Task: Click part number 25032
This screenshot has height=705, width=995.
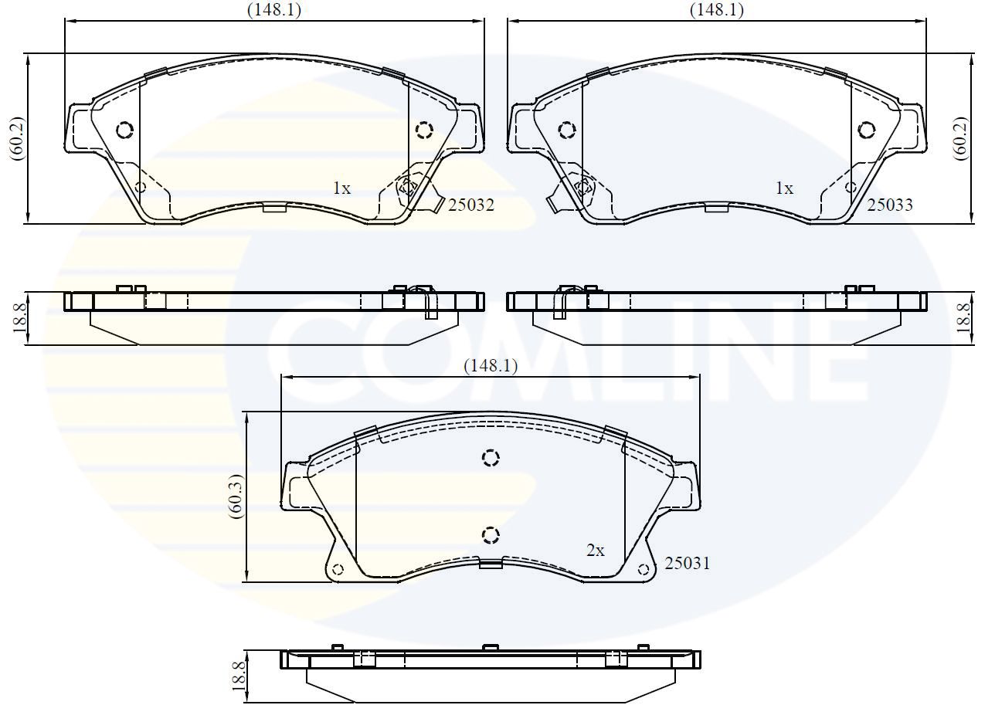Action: pyautogui.click(x=471, y=205)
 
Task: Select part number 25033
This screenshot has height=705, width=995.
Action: pyautogui.click(x=890, y=205)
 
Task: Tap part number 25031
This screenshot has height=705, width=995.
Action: pyautogui.click(x=688, y=564)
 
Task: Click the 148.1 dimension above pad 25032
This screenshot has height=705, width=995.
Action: pyautogui.click(x=274, y=9)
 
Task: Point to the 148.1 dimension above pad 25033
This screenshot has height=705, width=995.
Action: pyautogui.click(x=716, y=9)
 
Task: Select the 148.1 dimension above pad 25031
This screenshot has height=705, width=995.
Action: pyautogui.click(x=491, y=366)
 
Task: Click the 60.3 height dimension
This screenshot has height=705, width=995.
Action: pyautogui.click(x=236, y=497)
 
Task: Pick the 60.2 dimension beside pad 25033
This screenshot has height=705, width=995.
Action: pyautogui.click(x=960, y=139)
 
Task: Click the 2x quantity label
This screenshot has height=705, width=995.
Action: pyautogui.click(x=595, y=551)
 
